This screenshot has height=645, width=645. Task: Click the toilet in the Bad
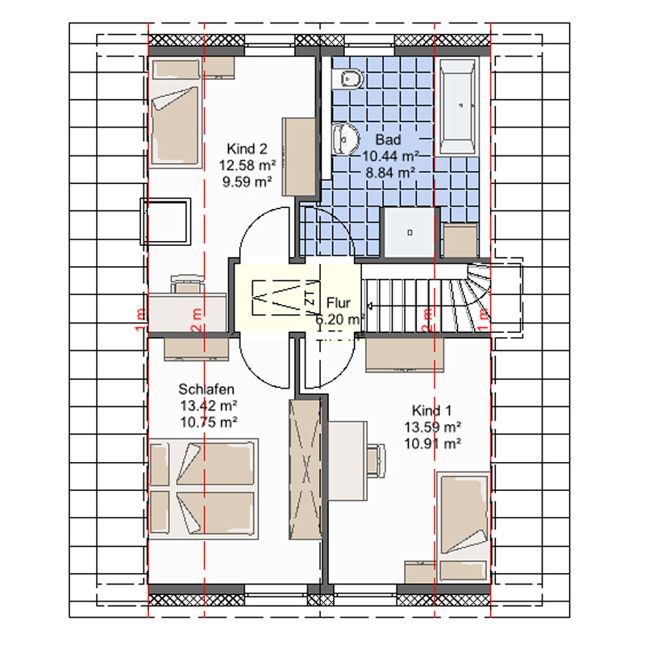[347, 78]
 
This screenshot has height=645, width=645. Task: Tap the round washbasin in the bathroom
[345, 139]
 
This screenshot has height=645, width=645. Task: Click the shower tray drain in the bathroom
[410, 232]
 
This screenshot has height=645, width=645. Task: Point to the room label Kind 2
[247, 148]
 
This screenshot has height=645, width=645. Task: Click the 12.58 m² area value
[248, 165]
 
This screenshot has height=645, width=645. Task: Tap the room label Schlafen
[206, 389]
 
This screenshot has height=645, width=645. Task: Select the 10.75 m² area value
[209, 422]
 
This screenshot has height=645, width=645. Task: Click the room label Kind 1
[431, 410]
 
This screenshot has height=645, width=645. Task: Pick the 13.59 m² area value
[432, 427]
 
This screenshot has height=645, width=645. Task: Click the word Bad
[388, 139]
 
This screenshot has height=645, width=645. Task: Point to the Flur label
[338, 303]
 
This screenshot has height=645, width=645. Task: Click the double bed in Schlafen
[203, 489]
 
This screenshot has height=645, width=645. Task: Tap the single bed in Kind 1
[464, 527]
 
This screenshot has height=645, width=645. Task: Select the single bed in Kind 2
[175, 113]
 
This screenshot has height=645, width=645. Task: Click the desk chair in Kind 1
[377, 460]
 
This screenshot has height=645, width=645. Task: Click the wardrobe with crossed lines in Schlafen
[306, 469]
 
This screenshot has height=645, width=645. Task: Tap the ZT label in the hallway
[310, 298]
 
